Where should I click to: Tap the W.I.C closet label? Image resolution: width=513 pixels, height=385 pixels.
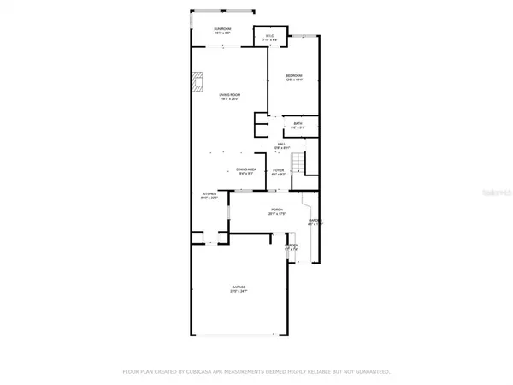pyautogui.click(x=270, y=35)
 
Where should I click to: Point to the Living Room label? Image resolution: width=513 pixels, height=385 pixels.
pyautogui.click(x=227, y=95)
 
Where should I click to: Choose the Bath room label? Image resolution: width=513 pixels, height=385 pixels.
pyautogui.click(x=298, y=124)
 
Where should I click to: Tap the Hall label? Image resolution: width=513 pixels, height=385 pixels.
pyautogui.click(x=280, y=145)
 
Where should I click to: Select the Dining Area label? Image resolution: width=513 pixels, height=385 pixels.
pyautogui.click(x=246, y=169)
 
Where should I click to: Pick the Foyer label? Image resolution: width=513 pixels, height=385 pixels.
pyautogui.click(x=278, y=170)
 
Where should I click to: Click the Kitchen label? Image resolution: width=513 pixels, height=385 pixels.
pyautogui.click(x=209, y=194)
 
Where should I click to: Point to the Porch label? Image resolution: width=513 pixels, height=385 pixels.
pyautogui.click(x=277, y=210)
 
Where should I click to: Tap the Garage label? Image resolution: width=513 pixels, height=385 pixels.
pyautogui.click(x=238, y=287)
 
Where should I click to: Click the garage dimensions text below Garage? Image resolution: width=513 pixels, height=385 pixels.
pyautogui.click(x=238, y=292)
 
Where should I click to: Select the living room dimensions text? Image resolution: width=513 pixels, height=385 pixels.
pyautogui.click(x=227, y=100)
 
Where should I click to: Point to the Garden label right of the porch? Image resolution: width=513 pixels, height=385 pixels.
pyautogui.click(x=315, y=221)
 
